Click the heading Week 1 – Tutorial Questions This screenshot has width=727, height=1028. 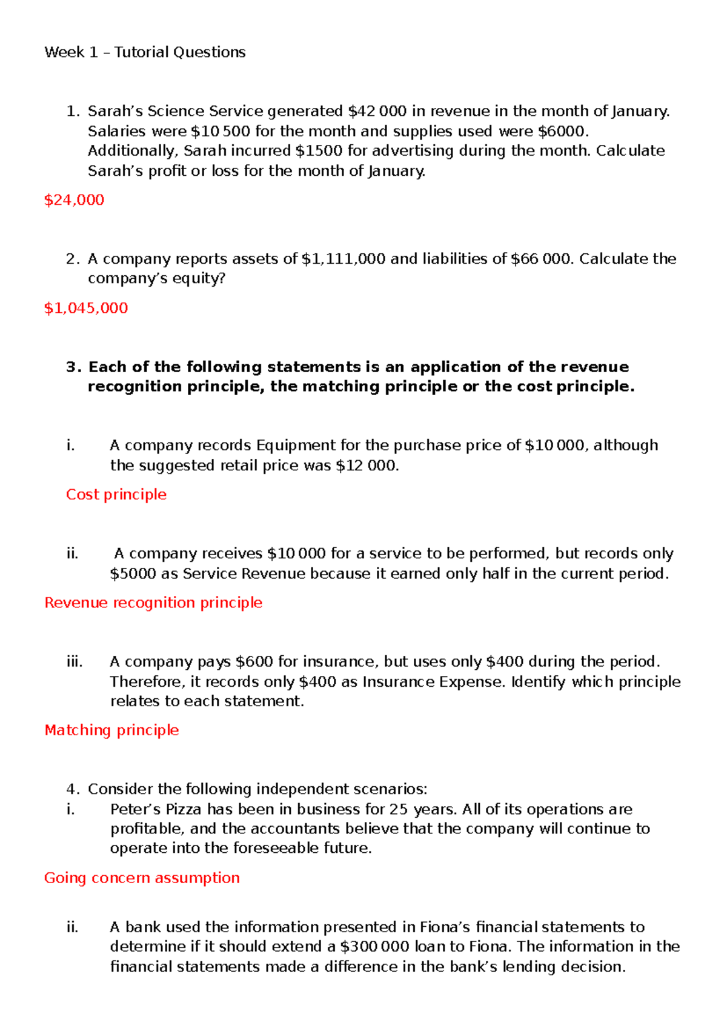click(x=145, y=52)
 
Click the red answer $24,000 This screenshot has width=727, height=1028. click(x=74, y=200)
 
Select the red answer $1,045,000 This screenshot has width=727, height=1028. click(x=86, y=308)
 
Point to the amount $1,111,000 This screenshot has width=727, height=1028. click(x=343, y=259)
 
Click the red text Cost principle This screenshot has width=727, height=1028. click(x=116, y=495)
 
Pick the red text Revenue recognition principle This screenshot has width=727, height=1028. click(x=153, y=602)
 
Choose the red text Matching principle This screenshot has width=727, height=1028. click(x=112, y=730)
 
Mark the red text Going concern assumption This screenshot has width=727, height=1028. click(x=142, y=878)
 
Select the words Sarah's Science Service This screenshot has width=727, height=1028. click(x=175, y=111)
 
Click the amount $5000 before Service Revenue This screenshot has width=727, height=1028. click(x=133, y=573)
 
